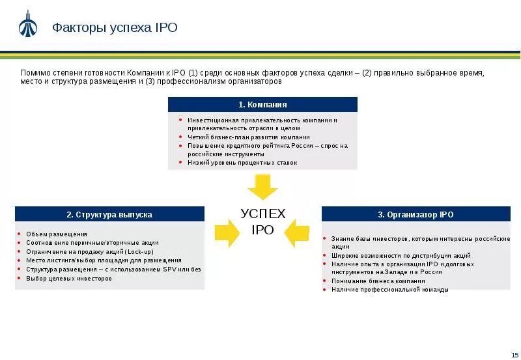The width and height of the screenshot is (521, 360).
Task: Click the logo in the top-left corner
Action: pyautogui.click(x=27, y=25)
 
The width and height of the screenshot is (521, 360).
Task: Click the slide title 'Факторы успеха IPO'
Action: pyautogui.click(x=115, y=27)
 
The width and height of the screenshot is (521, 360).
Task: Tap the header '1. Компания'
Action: pyautogui.click(x=262, y=104)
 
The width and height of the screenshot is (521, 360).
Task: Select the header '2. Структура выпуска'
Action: pyautogui.click(x=109, y=214)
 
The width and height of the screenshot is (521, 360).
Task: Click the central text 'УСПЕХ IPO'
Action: pyautogui.click(x=262, y=221)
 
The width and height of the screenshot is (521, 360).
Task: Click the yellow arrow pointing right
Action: pyautogui.click(x=227, y=233)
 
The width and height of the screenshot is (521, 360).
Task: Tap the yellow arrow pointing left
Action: pyautogui.click(x=297, y=233)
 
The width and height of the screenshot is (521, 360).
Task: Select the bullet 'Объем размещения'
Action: pyautogui.click(x=57, y=234)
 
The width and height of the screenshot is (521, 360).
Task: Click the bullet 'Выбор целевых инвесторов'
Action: pyautogui.click(x=69, y=278)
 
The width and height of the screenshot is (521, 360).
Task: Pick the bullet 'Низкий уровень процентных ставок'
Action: pyautogui.click(x=242, y=163)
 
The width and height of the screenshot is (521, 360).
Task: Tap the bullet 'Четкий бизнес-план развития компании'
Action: pyautogui.click(x=249, y=137)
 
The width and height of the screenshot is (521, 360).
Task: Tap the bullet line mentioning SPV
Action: pyautogui.click(x=113, y=269)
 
